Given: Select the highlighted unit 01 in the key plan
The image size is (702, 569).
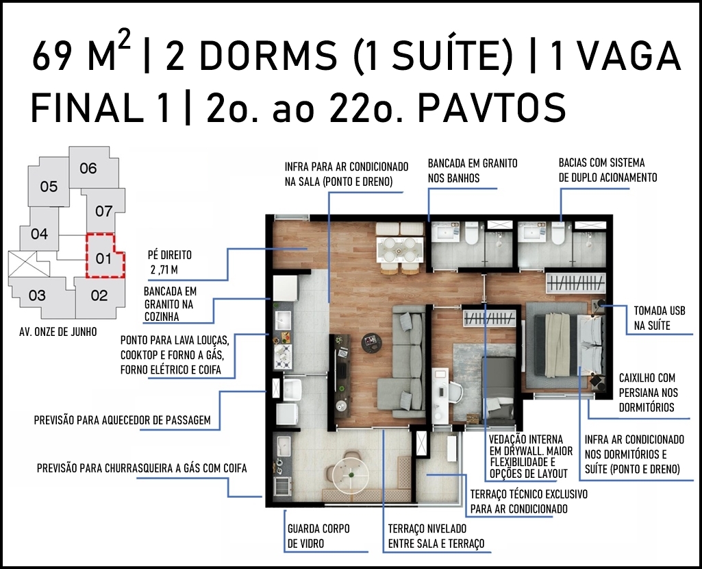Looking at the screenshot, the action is pos(103,258).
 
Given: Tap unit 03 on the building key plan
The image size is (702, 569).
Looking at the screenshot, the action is pos(38,295).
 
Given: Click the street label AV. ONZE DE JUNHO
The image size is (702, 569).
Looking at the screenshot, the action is pos(58,332).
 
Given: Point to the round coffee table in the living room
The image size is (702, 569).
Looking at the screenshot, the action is pos(371,343).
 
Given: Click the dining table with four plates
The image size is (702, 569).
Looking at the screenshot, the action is pos(400,249).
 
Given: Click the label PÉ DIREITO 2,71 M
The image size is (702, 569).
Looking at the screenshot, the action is pos(169,262).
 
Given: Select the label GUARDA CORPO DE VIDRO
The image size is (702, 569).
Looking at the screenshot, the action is pos(318,536).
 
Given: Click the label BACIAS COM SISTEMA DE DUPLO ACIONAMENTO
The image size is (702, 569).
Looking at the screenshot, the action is pos(607,170).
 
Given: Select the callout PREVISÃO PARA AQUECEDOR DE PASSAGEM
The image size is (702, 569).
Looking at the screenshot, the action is pos(122,420).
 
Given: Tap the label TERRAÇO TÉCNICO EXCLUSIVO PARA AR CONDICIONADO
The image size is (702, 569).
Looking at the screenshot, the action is pos(529,501).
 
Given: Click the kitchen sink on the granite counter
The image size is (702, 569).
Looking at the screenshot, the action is pos(283,319).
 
